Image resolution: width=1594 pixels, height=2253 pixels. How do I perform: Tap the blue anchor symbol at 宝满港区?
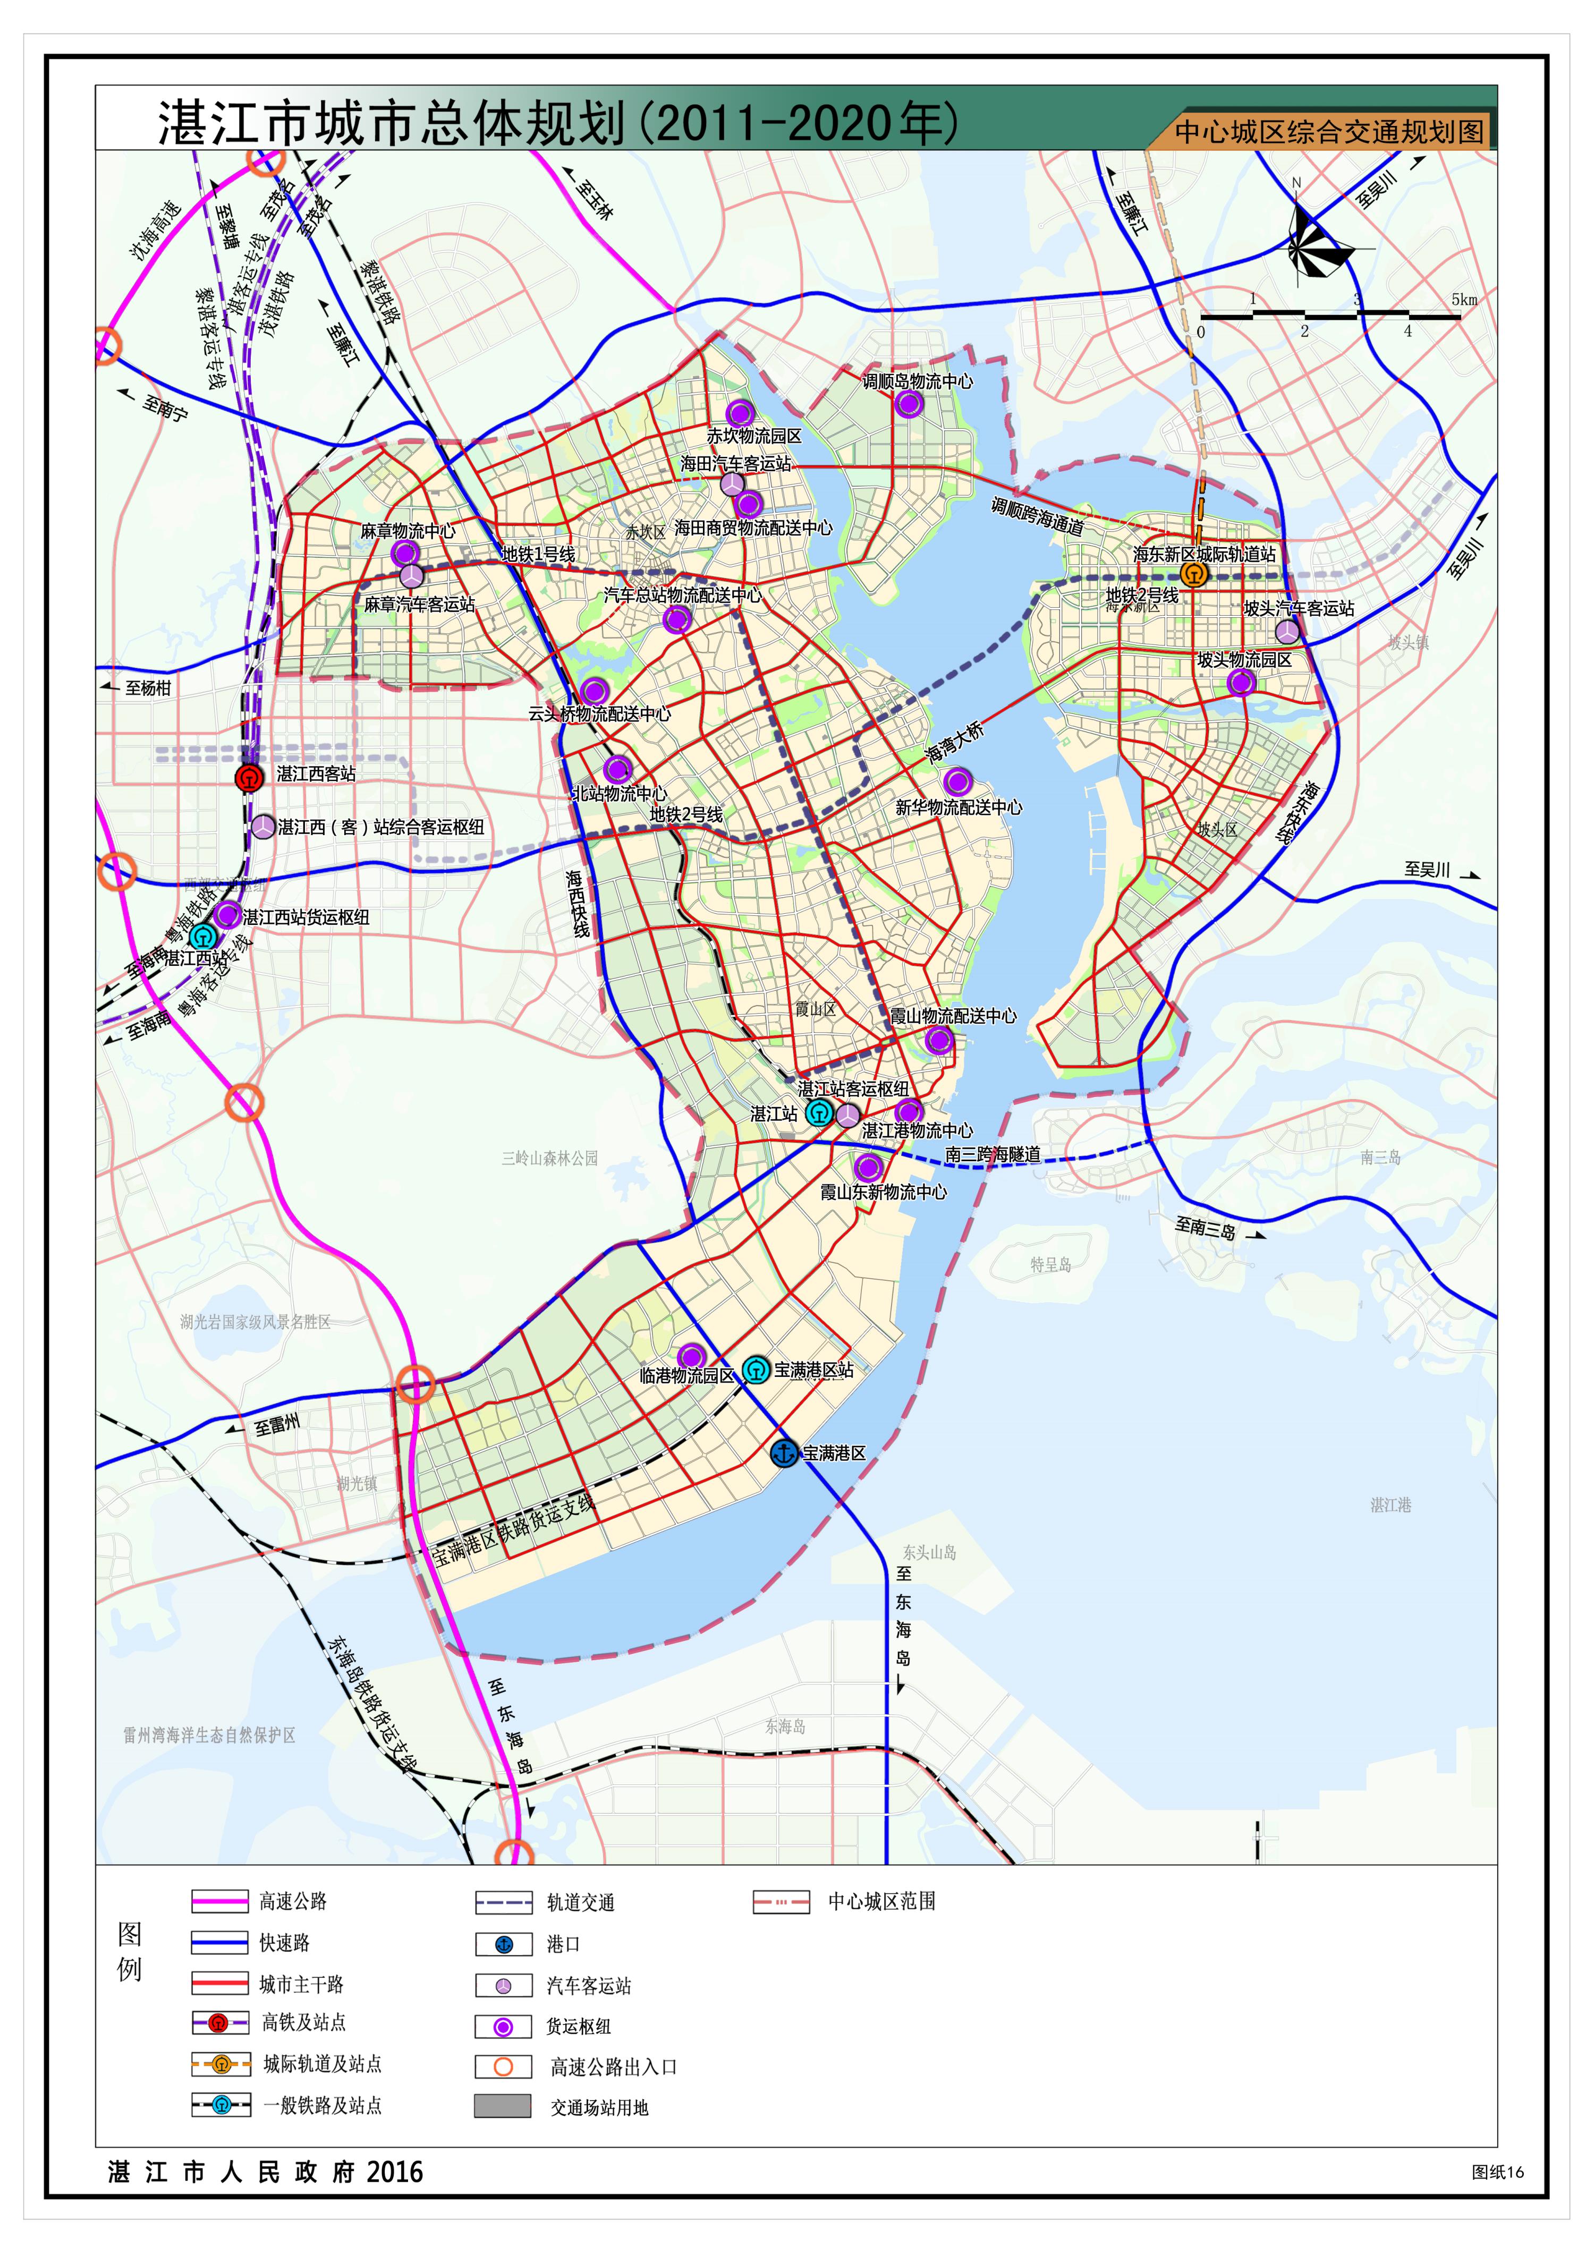click(x=784, y=1452)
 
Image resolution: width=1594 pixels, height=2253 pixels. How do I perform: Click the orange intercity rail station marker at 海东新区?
click(x=1194, y=574)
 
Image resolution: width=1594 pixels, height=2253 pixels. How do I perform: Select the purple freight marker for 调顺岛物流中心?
click(x=909, y=403)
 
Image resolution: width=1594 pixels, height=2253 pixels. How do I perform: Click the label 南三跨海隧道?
click(x=993, y=1155)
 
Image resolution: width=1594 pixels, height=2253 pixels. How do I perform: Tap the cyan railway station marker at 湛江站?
click(x=819, y=1113)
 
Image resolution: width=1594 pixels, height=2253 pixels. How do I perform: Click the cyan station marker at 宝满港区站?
click(x=755, y=1369)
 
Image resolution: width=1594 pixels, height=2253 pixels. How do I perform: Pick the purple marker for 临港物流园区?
click(x=691, y=1356)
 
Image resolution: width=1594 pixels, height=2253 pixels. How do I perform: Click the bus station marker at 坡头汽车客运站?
click(x=1287, y=631)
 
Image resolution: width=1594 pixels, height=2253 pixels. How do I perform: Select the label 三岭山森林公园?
click(x=549, y=1158)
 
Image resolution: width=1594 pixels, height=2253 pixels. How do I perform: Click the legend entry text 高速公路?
click(x=292, y=1902)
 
